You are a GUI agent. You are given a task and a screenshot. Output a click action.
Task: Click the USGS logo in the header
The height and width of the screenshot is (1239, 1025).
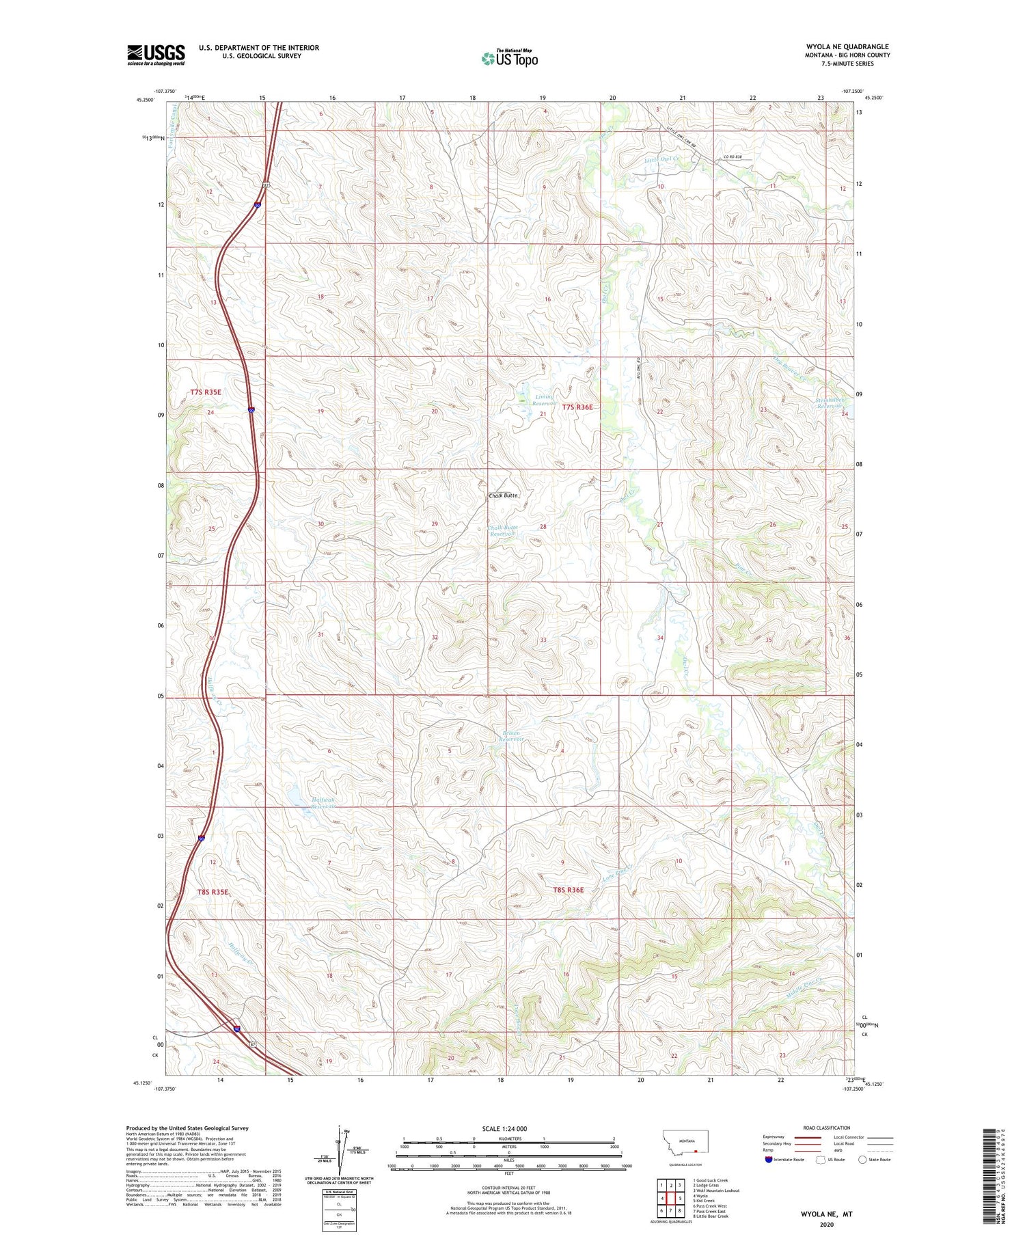click(156, 55)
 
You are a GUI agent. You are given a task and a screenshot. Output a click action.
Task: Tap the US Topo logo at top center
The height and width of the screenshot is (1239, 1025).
click(510, 59)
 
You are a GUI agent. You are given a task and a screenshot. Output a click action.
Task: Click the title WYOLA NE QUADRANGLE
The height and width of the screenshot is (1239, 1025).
click(847, 46)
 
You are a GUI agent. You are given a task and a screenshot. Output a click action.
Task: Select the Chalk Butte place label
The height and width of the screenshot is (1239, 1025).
click(504, 495)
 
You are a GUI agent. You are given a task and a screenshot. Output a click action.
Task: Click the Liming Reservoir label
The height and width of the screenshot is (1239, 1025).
click(545, 400)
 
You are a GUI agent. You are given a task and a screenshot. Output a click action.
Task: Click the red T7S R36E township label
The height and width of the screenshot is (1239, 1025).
click(577, 407)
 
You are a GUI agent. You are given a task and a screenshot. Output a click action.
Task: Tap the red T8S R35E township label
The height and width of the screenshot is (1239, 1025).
click(213, 892)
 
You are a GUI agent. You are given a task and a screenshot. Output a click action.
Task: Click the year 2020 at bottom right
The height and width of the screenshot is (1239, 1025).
click(826, 1224)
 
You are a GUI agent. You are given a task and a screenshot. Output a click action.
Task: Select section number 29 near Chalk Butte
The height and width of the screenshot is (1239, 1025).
click(435, 524)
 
